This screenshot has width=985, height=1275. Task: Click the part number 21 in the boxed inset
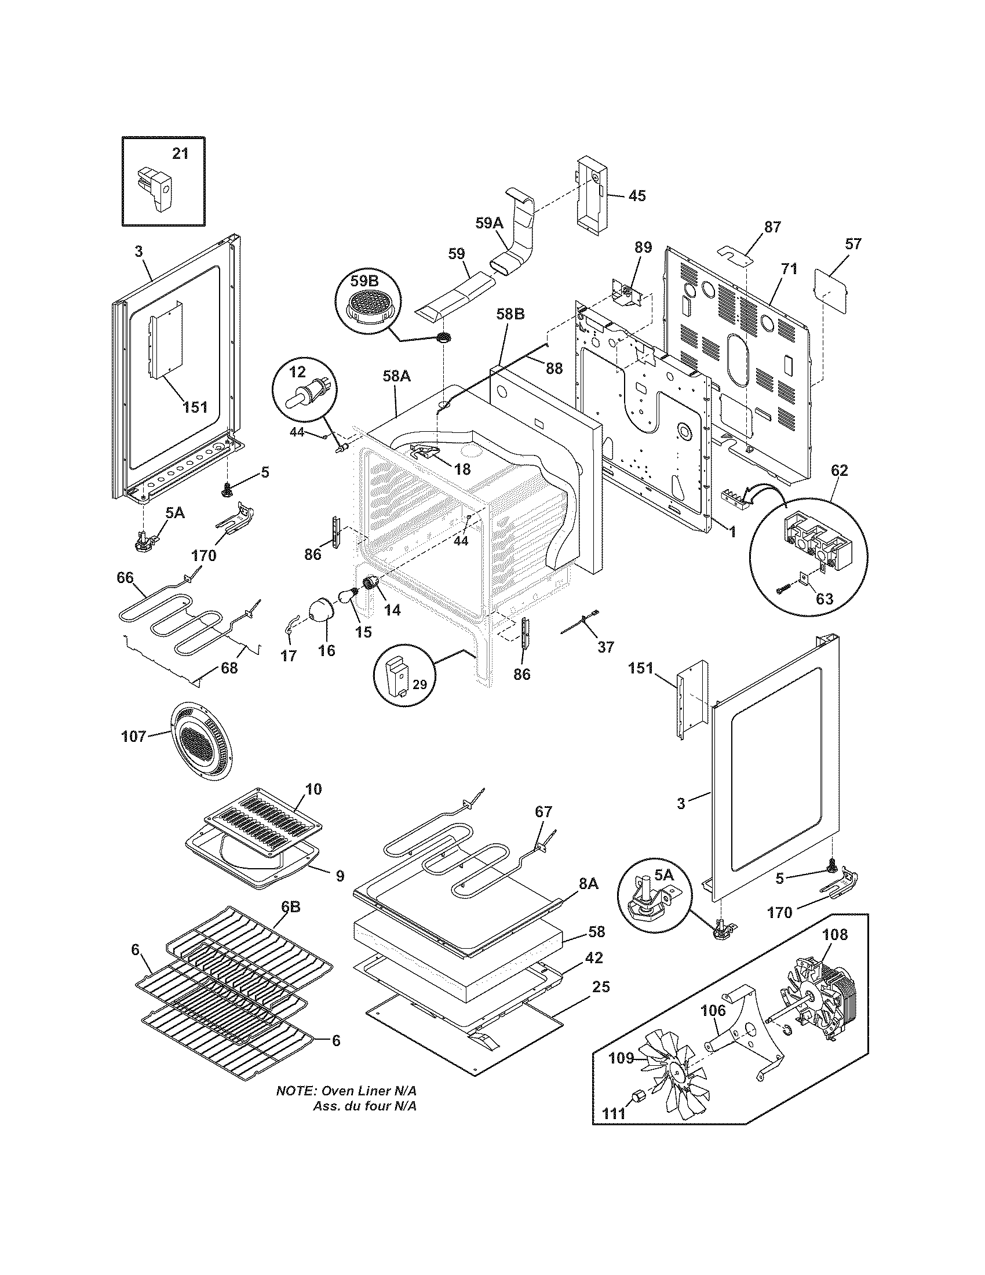coord(180,154)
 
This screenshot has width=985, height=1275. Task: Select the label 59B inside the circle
coord(365,281)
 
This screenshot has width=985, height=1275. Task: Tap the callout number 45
coord(637,195)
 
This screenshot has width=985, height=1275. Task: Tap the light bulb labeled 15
coord(348,596)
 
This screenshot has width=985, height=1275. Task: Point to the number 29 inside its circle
coord(421,685)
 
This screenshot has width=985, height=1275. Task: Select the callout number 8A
coord(589,884)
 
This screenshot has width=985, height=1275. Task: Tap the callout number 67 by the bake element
coord(543,812)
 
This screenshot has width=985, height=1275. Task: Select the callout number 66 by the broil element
coord(126,577)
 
